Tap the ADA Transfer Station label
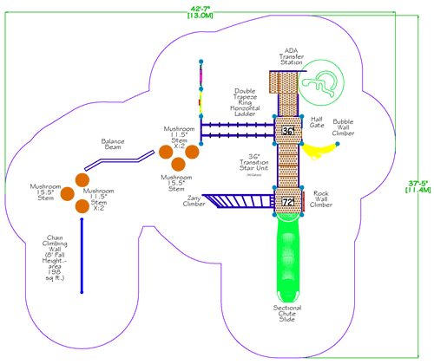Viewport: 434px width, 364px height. (x=291, y=56)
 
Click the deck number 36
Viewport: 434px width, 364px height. (x=289, y=131)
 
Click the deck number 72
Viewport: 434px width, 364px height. (x=289, y=202)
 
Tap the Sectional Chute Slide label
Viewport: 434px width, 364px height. (x=287, y=314)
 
